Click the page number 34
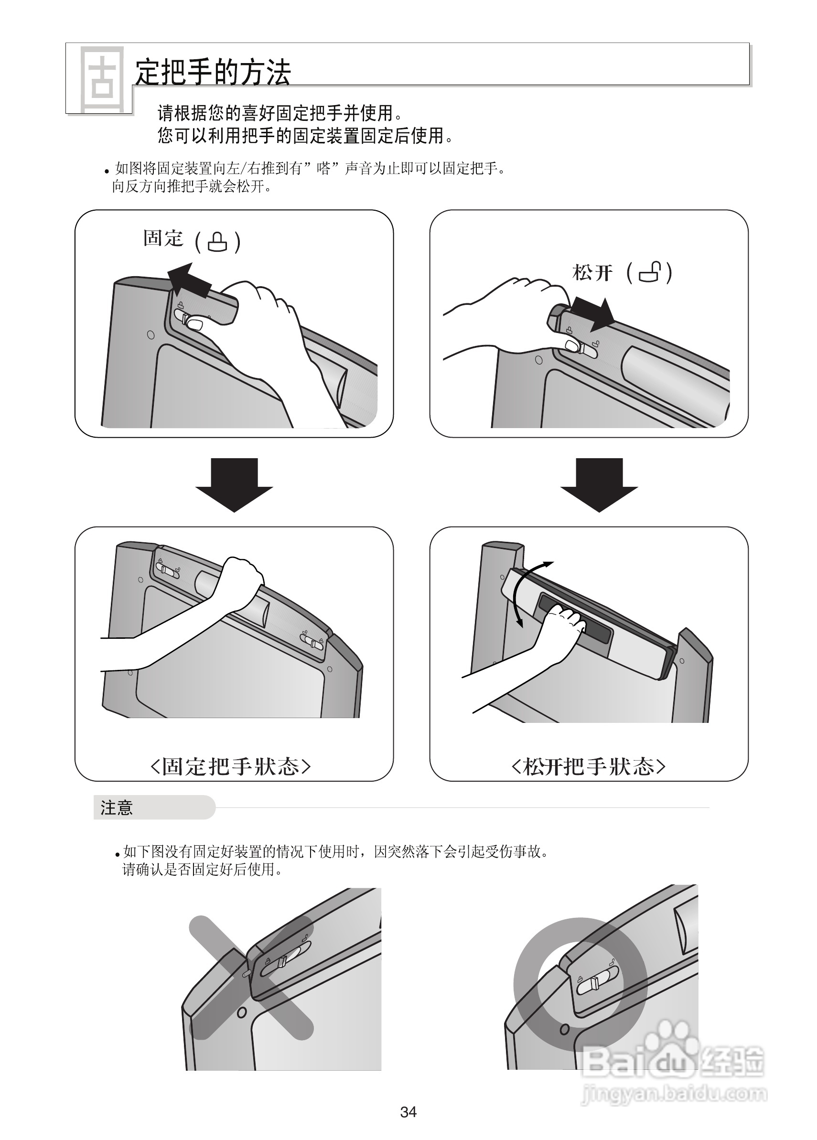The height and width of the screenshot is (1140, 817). click(x=408, y=1112)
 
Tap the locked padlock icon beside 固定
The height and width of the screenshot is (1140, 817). click(x=217, y=242)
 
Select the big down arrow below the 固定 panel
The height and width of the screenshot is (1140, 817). click(x=234, y=484)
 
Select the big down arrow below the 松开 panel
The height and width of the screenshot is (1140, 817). click(x=599, y=484)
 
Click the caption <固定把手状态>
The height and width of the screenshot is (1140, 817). click(x=231, y=766)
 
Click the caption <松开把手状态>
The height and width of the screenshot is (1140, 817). click(x=588, y=766)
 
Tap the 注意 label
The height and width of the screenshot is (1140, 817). click(x=117, y=808)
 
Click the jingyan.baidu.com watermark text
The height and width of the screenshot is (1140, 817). click(x=674, y=1094)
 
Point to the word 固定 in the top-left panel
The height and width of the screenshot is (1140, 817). click(x=163, y=238)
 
